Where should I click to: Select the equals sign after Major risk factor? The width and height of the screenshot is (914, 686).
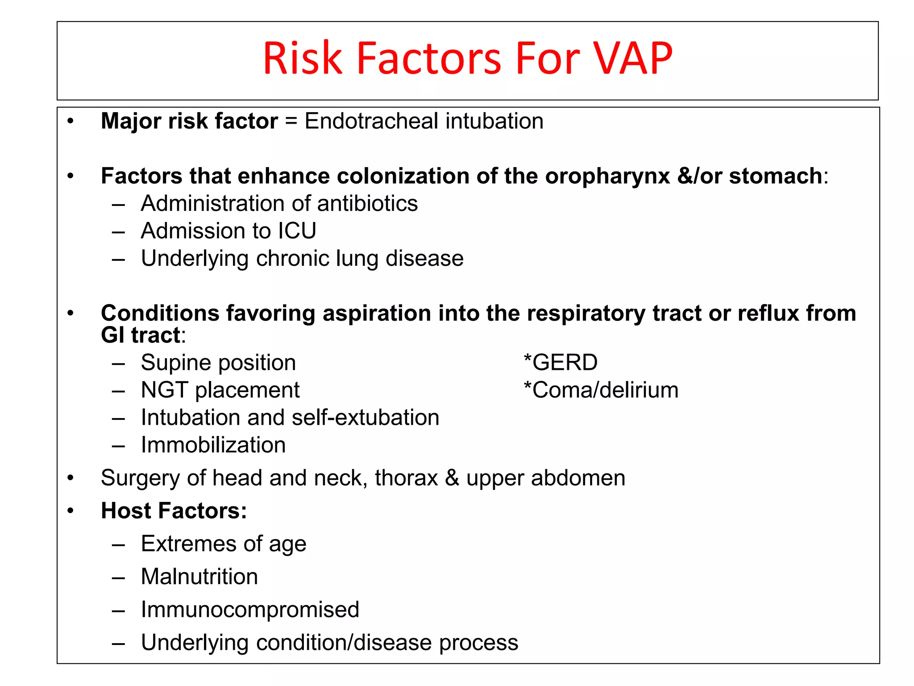click(x=291, y=121)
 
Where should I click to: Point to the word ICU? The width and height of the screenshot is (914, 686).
click(x=297, y=231)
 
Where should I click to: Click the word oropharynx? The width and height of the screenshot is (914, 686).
click(x=607, y=176)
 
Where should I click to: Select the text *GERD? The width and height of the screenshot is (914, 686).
click(x=561, y=362)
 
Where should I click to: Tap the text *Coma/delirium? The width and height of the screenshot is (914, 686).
click(x=601, y=390)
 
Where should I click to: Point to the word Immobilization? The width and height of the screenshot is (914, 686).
click(x=213, y=445)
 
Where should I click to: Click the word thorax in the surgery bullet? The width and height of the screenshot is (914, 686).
click(x=406, y=478)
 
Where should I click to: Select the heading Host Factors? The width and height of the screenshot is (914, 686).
click(x=174, y=510)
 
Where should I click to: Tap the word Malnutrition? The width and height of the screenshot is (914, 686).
click(x=199, y=577)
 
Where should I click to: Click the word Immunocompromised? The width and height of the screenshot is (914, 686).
click(x=249, y=610)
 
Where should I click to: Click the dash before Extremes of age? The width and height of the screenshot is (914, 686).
click(x=118, y=545)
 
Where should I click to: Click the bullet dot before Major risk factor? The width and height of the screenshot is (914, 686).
click(x=71, y=121)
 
